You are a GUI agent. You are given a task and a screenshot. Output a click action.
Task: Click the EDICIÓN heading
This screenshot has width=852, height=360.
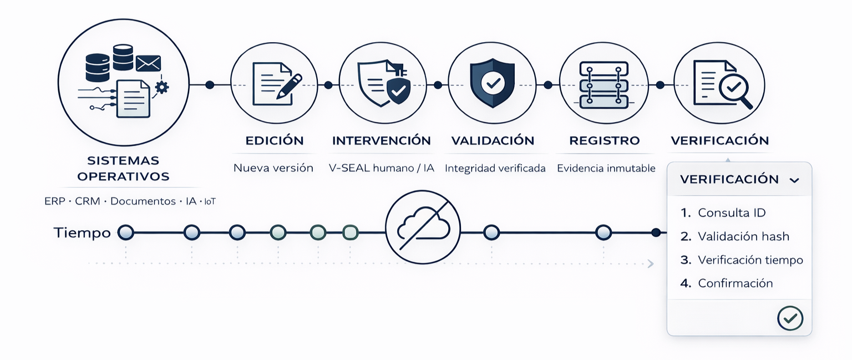[x=274, y=140]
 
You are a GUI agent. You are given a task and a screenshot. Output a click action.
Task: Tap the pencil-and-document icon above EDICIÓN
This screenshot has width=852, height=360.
[x=274, y=84]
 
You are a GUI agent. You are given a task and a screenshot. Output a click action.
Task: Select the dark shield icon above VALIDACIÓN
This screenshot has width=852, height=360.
[x=491, y=83]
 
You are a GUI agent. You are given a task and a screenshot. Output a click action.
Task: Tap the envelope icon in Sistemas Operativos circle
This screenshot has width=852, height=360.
[x=148, y=63]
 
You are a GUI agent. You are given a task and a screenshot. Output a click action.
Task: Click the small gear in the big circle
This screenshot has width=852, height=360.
[x=162, y=87]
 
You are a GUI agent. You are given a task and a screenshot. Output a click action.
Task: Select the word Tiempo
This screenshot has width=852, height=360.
[x=82, y=233]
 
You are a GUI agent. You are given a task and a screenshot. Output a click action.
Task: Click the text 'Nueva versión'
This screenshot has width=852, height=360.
[x=273, y=168]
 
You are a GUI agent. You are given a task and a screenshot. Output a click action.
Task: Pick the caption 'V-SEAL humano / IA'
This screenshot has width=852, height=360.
[x=381, y=168]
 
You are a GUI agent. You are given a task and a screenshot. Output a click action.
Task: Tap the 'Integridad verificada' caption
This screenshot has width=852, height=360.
[x=495, y=168]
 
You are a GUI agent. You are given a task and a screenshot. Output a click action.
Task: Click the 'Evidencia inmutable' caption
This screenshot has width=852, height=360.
[x=606, y=168]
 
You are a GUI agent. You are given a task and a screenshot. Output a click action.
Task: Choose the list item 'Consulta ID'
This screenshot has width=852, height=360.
[x=732, y=212]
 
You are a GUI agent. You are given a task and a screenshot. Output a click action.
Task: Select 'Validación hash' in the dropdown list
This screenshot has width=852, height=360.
[x=743, y=236]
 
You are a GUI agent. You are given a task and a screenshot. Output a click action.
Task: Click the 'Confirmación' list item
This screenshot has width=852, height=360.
[x=735, y=283]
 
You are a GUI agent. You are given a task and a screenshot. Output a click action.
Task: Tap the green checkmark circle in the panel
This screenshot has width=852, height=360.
[x=790, y=318]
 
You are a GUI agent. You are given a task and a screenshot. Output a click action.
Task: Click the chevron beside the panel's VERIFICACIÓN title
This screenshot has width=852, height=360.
[x=794, y=180]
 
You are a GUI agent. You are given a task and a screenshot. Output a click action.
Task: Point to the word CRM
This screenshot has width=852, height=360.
[x=88, y=201]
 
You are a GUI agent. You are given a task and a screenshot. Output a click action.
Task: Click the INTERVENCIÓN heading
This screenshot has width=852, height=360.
[x=381, y=140]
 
